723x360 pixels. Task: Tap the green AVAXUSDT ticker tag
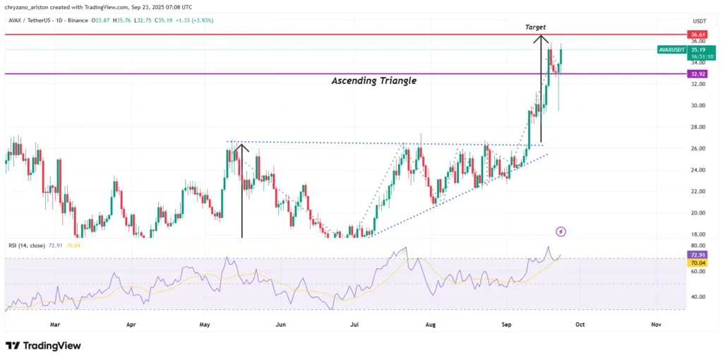click(670, 50)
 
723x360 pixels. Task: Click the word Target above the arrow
click(536, 27)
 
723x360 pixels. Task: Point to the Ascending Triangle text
click(374, 81)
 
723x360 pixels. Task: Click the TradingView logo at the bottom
click(43, 346)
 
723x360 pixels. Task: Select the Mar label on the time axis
click(56, 325)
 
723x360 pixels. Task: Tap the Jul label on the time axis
click(355, 325)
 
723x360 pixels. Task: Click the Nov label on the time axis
click(655, 325)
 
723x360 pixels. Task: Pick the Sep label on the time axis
click(506, 325)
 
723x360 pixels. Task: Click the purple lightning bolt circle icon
click(561, 231)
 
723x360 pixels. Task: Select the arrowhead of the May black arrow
click(242, 145)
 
